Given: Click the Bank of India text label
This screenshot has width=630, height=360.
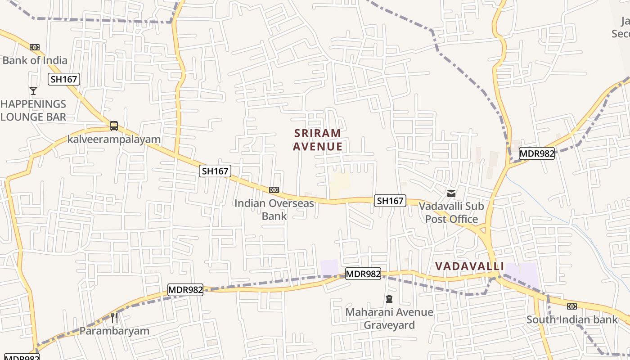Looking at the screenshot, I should [x=35, y=60].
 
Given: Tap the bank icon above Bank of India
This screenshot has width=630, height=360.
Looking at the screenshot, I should [x=35, y=47].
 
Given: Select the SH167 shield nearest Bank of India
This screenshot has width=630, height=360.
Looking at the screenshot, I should [x=64, y=80].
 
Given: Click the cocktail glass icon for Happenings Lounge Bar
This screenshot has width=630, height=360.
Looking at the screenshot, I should [x=33, y=91].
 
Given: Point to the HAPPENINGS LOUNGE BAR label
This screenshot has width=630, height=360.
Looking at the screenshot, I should [x=33, y=110].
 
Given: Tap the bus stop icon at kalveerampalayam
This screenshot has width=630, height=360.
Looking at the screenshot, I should [x=114, y=126].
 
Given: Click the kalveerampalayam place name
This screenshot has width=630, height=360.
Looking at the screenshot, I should [x=114, y=139].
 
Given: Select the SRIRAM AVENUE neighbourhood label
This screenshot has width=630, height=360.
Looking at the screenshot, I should [x=318, y=140].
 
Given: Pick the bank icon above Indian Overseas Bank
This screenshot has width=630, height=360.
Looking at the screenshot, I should [x=274, y=190].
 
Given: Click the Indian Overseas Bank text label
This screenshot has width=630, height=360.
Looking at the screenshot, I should [x=274, y=209].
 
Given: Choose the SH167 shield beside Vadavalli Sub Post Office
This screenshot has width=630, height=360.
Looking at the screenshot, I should [x=390, y=201].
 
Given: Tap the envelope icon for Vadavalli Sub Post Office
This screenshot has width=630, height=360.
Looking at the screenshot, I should [x=451, y=193].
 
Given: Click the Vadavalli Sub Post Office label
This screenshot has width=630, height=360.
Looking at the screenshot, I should [x=451, y=212].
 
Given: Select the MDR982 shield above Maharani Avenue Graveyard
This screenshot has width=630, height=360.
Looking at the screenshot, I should [x=363, y=273].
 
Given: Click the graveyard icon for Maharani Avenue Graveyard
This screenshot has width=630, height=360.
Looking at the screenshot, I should [x=389, y=299].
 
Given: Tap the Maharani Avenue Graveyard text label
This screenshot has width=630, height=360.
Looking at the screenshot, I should [x=389, y=318].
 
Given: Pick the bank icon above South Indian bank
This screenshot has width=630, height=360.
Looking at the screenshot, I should [x=572, y=306].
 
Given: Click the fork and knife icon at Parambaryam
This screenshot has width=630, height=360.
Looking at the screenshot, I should [x=114, y=318].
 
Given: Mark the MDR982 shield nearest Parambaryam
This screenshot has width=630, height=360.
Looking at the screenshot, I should [x=185, y=290].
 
